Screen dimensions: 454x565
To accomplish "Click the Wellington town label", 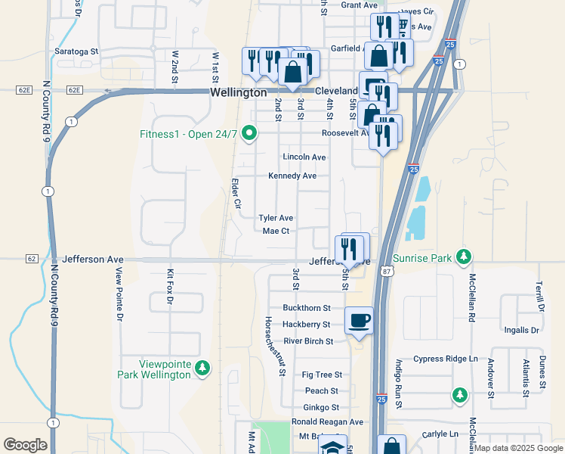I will [238, 92].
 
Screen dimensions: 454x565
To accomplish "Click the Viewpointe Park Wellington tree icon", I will [202, 368].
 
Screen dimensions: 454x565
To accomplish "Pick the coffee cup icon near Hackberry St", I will [359, 320].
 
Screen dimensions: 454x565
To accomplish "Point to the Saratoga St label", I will [76, 51].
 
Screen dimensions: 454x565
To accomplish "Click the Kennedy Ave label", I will [292, 176].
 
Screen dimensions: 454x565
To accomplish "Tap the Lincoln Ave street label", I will [304, 157].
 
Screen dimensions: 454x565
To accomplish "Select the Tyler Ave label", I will [276, 217].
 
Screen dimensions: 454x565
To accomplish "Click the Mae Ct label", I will [276, 231].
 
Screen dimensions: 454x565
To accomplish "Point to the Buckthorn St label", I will [307, 308].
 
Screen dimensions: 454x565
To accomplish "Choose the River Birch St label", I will [308, 340].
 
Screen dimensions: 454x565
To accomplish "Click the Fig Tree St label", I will [322, 375].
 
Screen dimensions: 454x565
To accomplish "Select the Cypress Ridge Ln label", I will [446, 359].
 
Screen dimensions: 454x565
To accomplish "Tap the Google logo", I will [26, 444].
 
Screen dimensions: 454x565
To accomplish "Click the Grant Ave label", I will [359, 5].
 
